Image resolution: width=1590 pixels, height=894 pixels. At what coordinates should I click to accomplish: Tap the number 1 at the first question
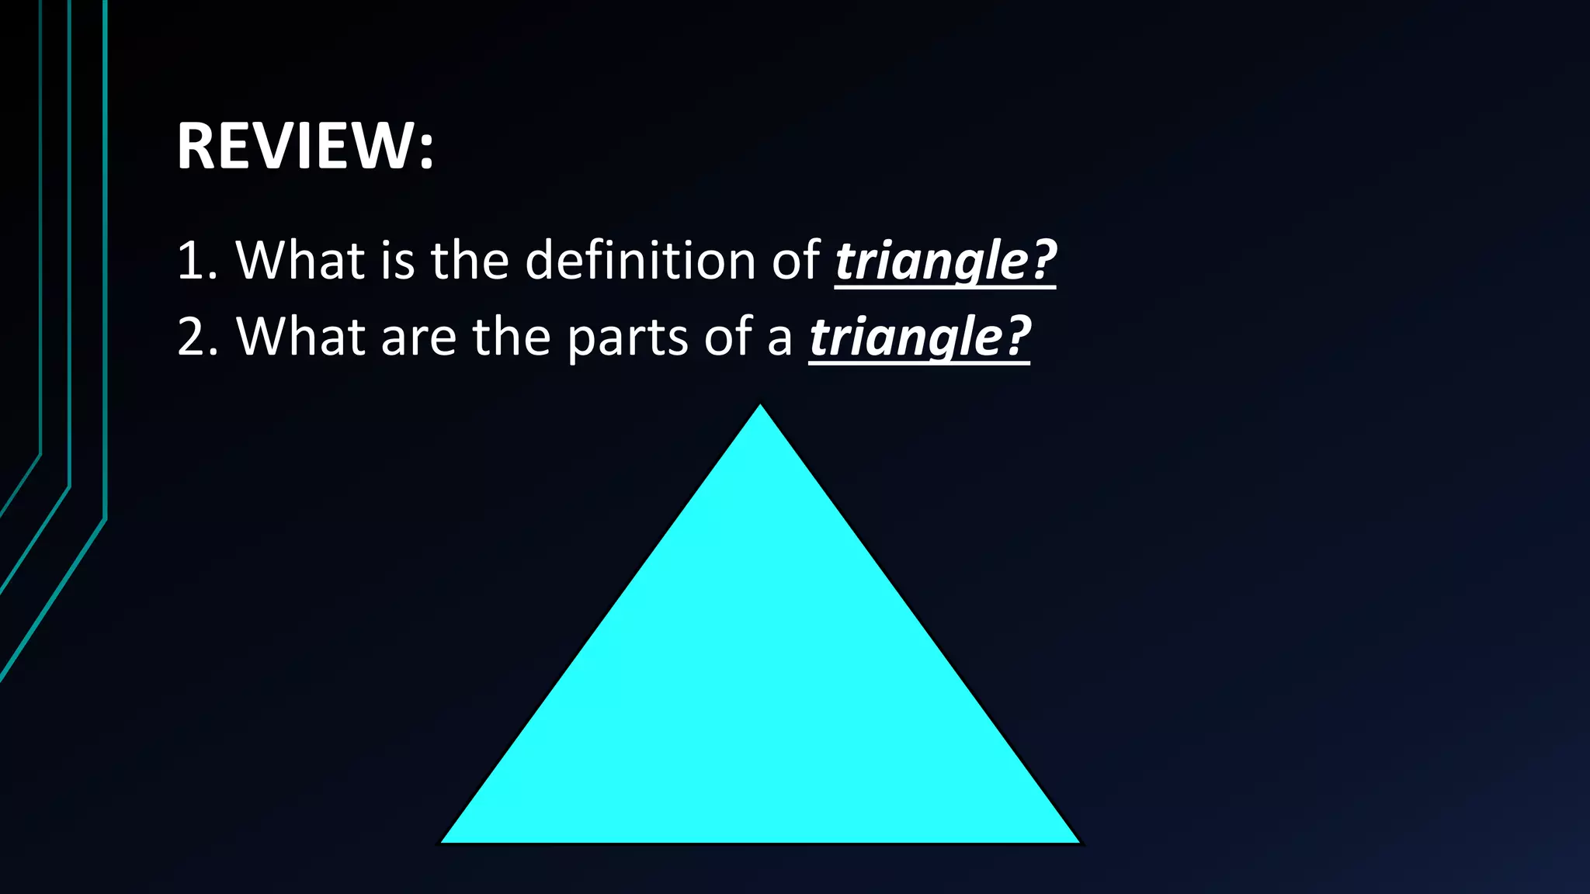190,261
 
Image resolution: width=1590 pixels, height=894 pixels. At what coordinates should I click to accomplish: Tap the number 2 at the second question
191,338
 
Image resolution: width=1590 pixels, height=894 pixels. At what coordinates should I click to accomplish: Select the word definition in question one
640,260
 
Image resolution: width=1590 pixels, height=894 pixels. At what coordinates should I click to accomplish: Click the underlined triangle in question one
932,262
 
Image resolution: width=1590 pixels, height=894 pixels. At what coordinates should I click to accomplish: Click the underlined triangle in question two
906,338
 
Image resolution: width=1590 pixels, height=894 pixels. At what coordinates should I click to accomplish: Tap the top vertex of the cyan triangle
760,407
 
